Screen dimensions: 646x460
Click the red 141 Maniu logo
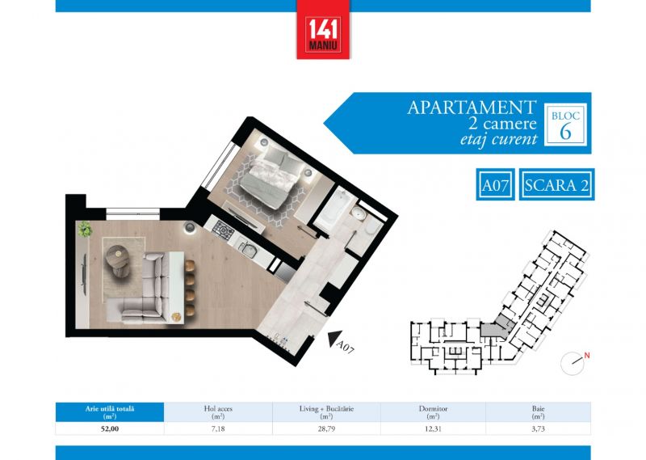click(323, 30)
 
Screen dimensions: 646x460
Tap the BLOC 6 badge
click(565, 124)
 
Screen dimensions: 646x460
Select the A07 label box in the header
click(495, 184)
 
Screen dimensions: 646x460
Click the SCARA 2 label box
click(556, 184)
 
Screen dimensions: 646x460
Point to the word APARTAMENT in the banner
click(472, 108)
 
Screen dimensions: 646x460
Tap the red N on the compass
click(587, 355)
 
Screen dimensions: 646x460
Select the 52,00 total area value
click(110, 428)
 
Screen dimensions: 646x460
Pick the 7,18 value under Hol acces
click(218, 428)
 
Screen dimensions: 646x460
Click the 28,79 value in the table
click(326, 428)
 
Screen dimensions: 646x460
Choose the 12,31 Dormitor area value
click(433, 428)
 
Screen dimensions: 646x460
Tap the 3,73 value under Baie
click(538, 428)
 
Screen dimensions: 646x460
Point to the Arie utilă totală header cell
click(110, 412)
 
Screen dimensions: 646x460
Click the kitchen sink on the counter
click(247, 248)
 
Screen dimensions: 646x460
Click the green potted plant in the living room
click(85, 228)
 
